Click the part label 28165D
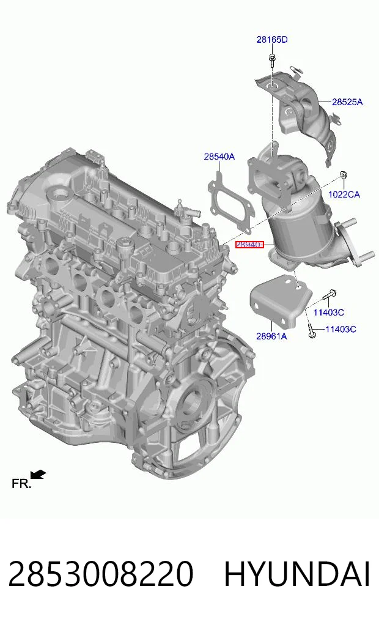pos(272,39)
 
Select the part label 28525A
pos(347,102)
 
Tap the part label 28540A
pos(219,157)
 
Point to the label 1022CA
pos(344,194)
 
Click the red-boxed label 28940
pos(249,245)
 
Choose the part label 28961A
pos(271,336)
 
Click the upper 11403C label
pos(329,313)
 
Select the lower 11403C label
pos(340,329)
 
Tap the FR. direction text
pos(21,484)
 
